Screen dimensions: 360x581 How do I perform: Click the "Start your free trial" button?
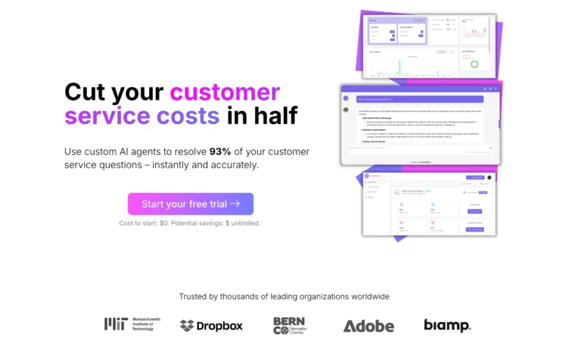[x=190, y=204]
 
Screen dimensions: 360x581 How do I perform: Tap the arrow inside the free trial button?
[x=235, y=204]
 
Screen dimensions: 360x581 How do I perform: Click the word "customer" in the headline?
[x=225, y=92]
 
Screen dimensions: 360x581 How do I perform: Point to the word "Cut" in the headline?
[x=84, y=92]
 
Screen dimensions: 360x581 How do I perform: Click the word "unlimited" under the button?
[x=244, y=223]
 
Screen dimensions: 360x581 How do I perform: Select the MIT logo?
[x=128, y=324]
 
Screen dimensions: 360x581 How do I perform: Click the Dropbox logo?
[x=211, y=326]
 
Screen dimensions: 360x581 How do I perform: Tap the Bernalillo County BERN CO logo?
[x=290, y=325]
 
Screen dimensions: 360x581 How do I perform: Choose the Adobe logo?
[x=368, y=326]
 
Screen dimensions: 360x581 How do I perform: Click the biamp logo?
[x=447, y=326]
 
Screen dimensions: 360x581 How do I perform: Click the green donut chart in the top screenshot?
[x=474, y=64]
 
